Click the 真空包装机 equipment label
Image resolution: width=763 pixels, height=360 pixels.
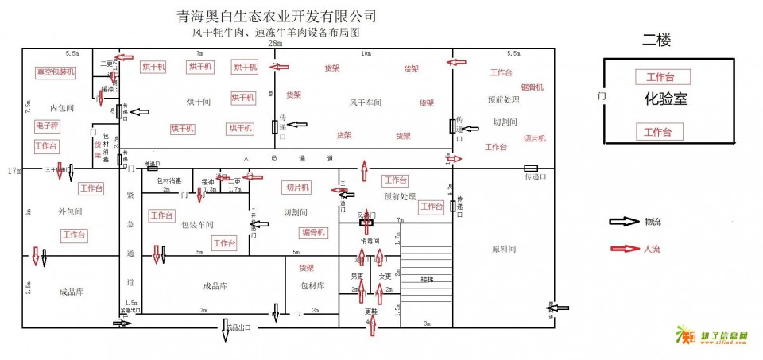pyautogui.click(x=55, y=72)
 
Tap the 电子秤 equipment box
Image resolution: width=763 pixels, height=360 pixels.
pyautogui.click(x=47, y=126)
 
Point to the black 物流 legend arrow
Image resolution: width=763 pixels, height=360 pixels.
pyautogui.click(x=623, y=222)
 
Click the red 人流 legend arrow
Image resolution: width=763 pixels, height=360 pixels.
pyautogui.click(x=623, y=248)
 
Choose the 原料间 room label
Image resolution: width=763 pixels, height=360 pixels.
pyautogui.click(x=504, y=249)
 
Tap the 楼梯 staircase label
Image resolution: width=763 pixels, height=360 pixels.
pyautogui.click(x=428, y=279)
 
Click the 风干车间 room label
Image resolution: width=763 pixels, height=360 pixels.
pyautogui.click(x=366, y=103)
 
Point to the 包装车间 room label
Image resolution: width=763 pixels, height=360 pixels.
pyautogui.click(x=197, y=225)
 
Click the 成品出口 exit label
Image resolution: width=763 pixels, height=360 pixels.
pyautogui.click(x=239, y=327)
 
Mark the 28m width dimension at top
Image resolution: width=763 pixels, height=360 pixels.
pyautogui.click(x=275, y=44)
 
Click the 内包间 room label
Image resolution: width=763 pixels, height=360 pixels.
pyautogui.click(x=61, y=107)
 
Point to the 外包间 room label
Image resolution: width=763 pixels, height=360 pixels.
pyautogui.click(x=71, y=212)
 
